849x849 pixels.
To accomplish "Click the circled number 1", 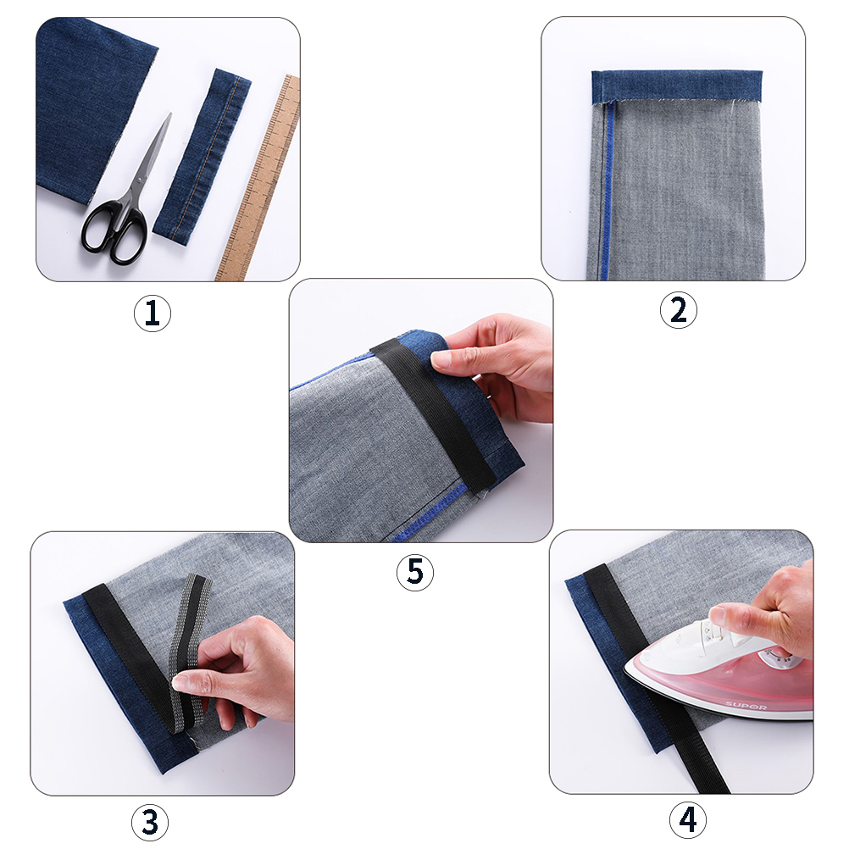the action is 153,314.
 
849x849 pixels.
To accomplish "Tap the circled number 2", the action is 679,310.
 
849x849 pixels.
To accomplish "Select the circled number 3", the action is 150,823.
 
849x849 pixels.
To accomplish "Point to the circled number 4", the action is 688,819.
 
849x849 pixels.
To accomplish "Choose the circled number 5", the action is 415,572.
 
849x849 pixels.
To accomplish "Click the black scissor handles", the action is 114,232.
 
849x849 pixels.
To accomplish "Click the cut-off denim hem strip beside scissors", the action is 203,154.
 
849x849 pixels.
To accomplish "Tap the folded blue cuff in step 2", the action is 677,86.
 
